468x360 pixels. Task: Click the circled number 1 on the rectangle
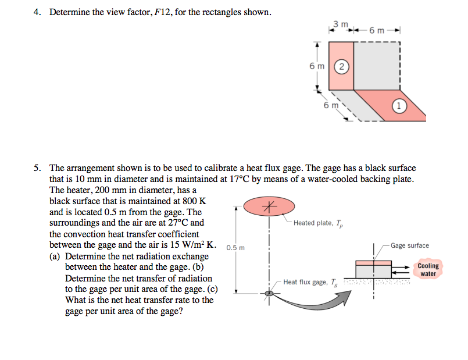[x=398, y=106]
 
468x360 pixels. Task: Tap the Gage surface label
[x=410, y=245]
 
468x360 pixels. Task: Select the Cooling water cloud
[x=428, y=270]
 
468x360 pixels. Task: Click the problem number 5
[x=36, y=168]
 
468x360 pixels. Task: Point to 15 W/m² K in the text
[x=188, y=245]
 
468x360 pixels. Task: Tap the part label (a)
[x=56, y=256]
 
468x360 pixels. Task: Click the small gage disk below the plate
[x=269, y=294]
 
